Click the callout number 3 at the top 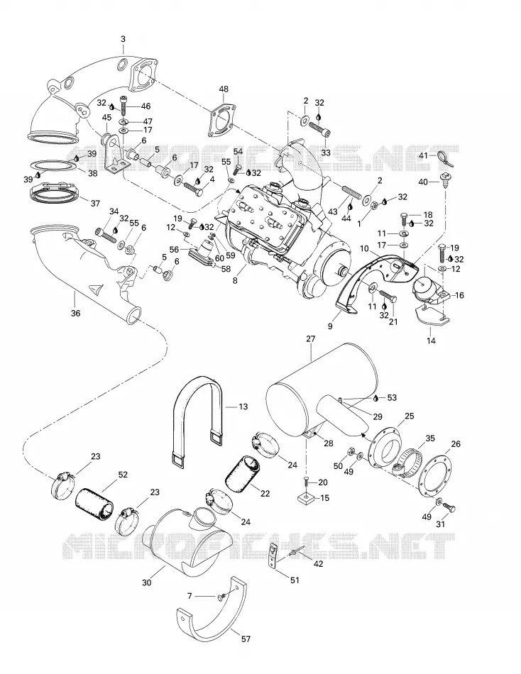(123, 39)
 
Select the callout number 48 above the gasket (224, 89)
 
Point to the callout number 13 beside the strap (243, 407)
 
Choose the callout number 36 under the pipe (75, 314)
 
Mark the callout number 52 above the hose (123, 475)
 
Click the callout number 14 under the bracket (431, 341)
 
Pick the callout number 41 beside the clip (423, 155)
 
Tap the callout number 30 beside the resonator (147, 582)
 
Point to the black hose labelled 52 (95, 502)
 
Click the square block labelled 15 (306, 499)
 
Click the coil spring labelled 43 (351, 191)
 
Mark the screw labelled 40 (444, 179)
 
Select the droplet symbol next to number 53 (377, 398)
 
